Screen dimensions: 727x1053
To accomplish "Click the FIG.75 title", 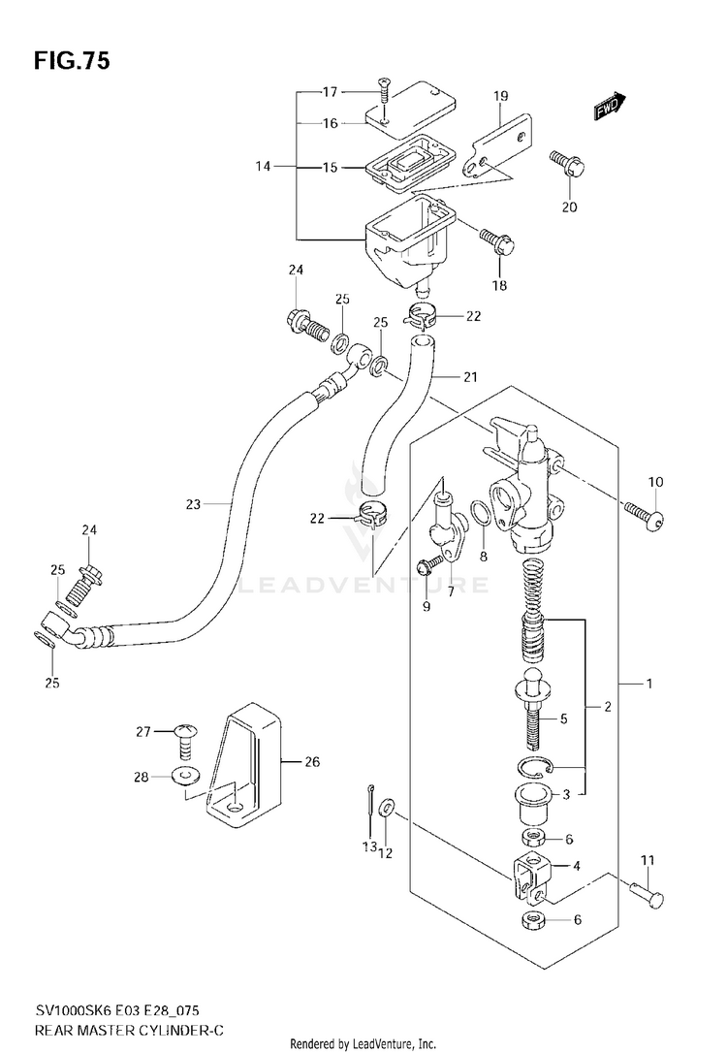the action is [x=72, y=61].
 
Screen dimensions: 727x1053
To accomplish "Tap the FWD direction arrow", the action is [x=610, y=106].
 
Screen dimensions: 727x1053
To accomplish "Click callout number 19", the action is [x=501, y=96].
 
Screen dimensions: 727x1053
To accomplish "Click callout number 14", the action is [x=263, y=165].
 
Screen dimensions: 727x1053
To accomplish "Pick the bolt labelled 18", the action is [x=496, y=242].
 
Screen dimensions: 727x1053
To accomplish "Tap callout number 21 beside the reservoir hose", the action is [x=470, y=377].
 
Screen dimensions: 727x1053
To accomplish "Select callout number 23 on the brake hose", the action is [x=193, y=503].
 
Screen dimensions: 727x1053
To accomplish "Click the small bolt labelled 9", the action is [x=429, y=565].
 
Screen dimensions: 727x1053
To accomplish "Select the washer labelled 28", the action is [x=185, y=776].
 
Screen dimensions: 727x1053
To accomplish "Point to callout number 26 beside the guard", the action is [x=311, y=761].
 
